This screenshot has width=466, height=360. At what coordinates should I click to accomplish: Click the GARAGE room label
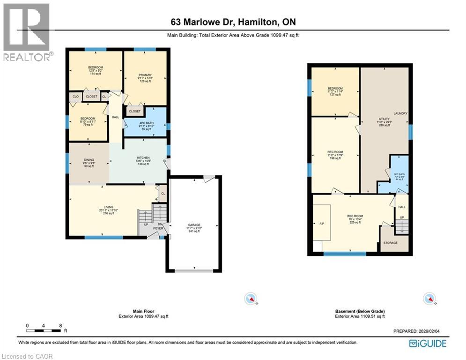tap(194, 225)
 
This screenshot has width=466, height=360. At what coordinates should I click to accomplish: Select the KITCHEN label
tap(143, 158)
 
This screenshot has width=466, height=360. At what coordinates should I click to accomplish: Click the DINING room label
tap(89, 159)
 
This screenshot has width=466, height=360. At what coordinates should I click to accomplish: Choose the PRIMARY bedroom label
tap(145, 75)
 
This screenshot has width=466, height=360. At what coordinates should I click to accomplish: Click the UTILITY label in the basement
tap(384, 119)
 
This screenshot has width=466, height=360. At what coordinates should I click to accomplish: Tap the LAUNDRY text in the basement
tap(400, 113)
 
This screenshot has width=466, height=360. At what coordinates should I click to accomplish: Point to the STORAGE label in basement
tap(390, 243)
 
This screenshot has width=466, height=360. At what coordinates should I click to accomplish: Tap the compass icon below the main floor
tap(251, 298)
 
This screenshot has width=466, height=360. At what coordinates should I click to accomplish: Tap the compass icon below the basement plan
tap(429, 298)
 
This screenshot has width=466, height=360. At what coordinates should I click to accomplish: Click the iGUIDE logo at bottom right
tap(427, 344)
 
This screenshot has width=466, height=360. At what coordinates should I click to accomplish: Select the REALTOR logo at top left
tap(27, 32)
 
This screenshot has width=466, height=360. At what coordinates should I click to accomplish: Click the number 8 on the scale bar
tap(60, 325)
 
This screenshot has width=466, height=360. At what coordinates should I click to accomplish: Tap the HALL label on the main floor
tap(115, 117)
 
